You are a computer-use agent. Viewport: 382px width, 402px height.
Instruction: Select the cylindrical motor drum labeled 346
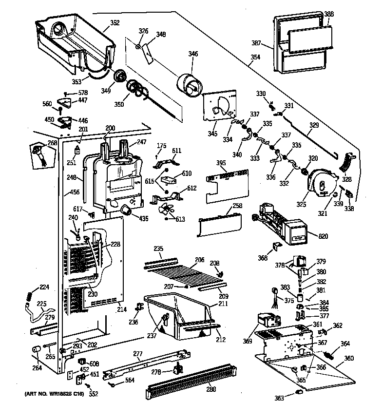[190, 87]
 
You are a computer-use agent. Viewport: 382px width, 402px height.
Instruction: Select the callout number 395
[220, 163]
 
